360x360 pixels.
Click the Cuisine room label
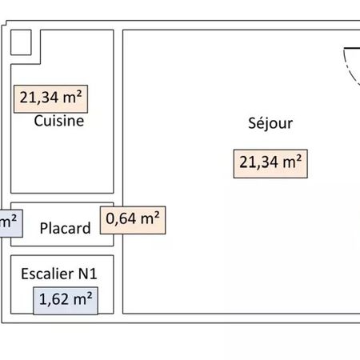tap(59, 121)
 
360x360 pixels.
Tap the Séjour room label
tap(270, 123)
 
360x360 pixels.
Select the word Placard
tap(66, 228)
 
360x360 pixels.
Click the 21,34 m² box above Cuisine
tap(50, 99)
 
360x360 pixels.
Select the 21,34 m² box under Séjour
tap(270, 164)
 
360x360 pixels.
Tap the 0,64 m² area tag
tap(133, 220)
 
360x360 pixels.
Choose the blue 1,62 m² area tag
tap(66, 301)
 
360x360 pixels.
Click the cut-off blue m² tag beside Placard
tap(10, 223)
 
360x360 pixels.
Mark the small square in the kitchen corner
tap(21, 42)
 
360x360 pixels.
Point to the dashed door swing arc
tap(349, 70)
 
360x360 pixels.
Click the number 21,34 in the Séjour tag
tap(258, 162)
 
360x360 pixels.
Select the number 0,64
tap(121, 218)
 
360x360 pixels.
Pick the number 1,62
tap(54, 299)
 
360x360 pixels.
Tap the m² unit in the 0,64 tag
tap(150, 218)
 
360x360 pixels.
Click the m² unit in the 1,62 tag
tap(83, 298)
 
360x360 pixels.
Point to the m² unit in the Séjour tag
tap(292, 162)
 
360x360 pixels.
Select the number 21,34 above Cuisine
tap(39, 98)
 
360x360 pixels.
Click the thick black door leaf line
tap(352, 48)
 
